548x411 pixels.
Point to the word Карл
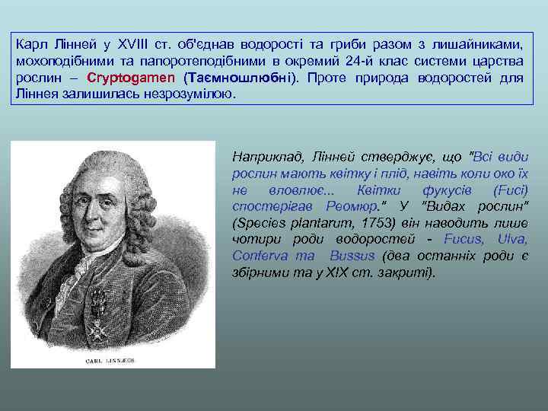coord(31,44)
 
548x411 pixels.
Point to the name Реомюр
coord(352,206)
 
